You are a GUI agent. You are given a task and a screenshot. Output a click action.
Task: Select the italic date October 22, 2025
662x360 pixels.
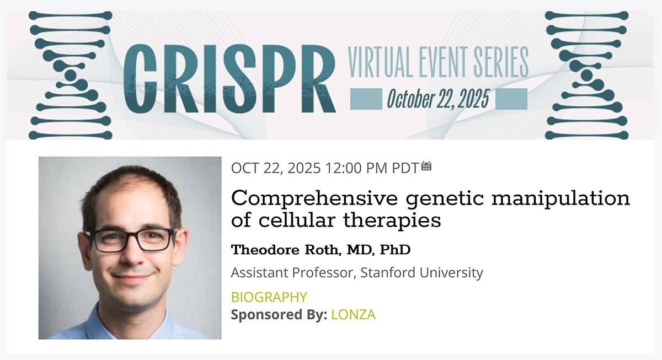click(438, 99)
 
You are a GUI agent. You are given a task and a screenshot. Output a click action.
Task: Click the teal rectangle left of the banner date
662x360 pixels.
click(366, 99)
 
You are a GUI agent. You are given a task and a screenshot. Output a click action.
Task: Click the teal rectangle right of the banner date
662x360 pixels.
click(511, 99)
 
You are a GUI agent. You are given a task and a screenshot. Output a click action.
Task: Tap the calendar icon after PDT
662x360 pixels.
click(426, 166)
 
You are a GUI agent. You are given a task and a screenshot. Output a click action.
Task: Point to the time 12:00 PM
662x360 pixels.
click(356, 168)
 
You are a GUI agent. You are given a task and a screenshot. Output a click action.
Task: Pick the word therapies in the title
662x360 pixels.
click(392, 221)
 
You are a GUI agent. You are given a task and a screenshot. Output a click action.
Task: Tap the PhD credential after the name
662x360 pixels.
click(395, 250)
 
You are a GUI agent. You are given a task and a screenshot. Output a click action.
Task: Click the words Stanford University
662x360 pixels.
click(421, 272)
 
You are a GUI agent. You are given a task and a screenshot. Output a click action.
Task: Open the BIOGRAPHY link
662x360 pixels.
click(269, 297)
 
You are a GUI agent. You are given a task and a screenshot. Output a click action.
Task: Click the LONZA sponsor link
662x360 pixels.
click(353, 315)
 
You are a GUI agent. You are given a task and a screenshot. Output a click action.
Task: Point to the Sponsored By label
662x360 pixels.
click(279, 315)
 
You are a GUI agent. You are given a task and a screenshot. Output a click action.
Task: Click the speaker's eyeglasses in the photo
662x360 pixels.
click(130, 240)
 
